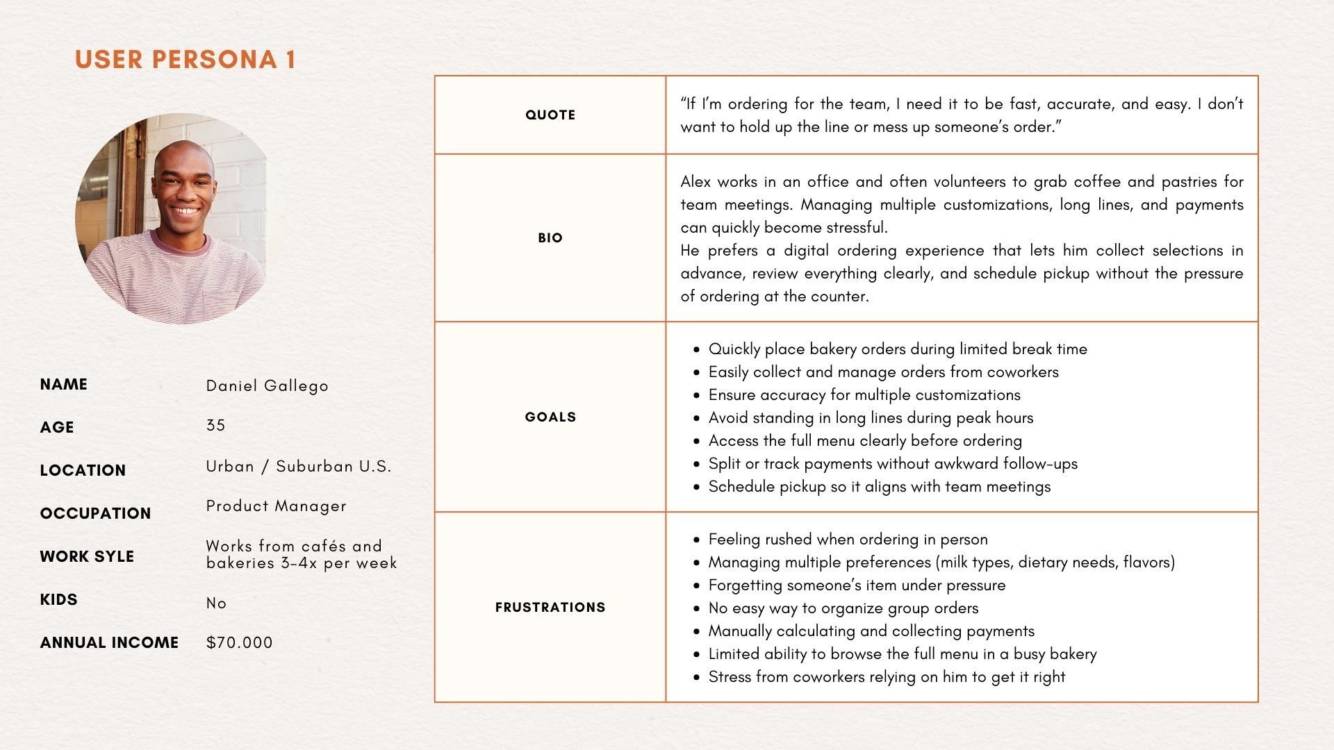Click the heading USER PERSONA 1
click(186, 60)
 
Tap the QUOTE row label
click(550, 115)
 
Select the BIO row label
click(550, 238)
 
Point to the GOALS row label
click(550, 417)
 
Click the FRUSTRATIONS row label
click(550, 608)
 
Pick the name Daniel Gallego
click(267, 386)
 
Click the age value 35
click(215, 426)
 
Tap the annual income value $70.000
click(239, 643)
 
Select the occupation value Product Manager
click(276, 506)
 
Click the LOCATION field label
click(83, 471)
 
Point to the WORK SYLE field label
click(87, 557)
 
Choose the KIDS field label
click(58, 600)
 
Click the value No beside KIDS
click(216, 603)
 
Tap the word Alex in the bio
click(695, 182)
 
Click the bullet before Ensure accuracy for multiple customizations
click(696, 396)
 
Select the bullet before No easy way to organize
click(696, 609)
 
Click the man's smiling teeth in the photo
click(185, 210)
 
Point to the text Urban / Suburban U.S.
click(298, 467)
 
